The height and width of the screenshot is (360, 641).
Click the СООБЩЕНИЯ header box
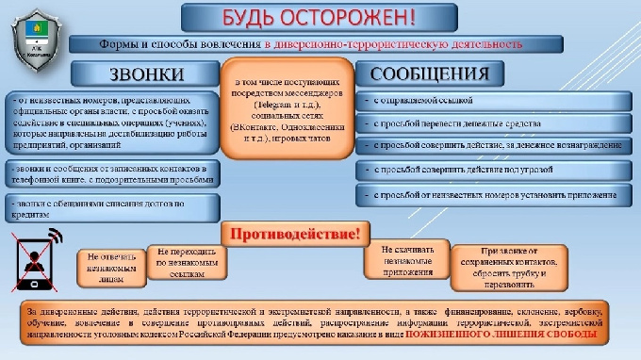point(429,74)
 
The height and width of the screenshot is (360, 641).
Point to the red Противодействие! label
point(291,233)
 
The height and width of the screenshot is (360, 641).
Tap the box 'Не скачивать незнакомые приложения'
point(406,257)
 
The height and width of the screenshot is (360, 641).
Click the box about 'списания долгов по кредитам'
point(111,207)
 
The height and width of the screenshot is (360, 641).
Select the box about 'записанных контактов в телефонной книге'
point(111,172)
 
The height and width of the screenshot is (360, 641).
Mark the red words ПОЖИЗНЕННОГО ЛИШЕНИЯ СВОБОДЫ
point(523,335)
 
